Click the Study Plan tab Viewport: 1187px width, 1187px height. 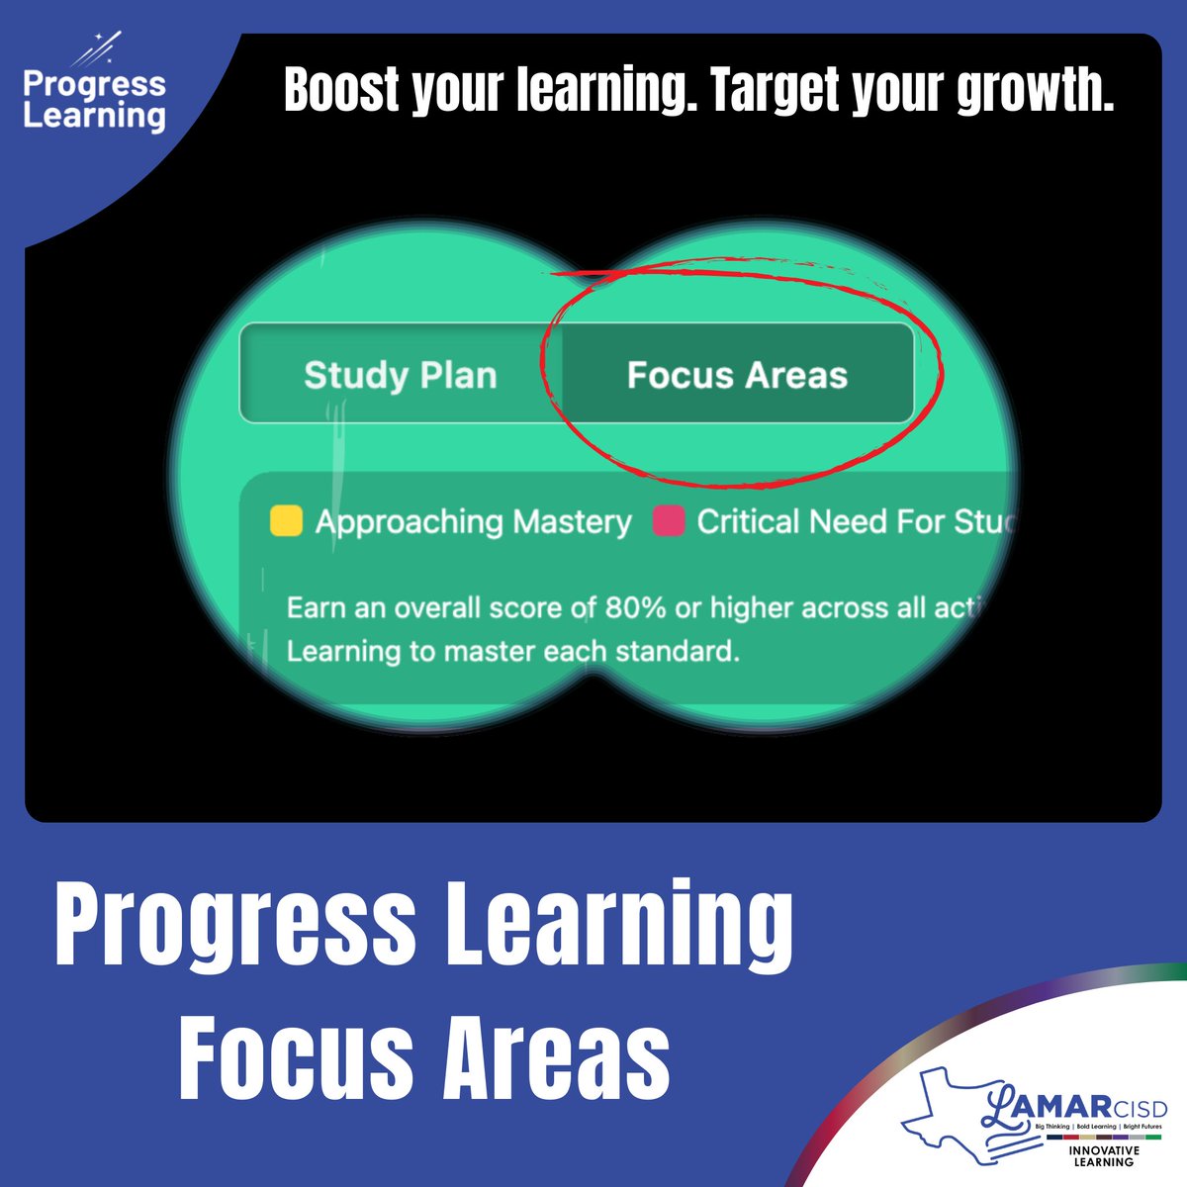tap(400, 376)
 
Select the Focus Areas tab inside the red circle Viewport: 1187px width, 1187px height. tap(737, 376)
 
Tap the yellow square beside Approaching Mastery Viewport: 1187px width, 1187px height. tap(286, 521)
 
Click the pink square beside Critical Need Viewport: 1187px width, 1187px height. tap(669, 521)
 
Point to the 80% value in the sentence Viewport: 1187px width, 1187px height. tap(635, 607)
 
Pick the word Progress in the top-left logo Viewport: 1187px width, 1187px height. tap(94, 84)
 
